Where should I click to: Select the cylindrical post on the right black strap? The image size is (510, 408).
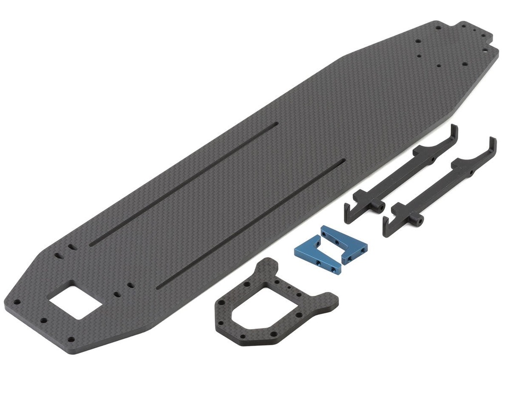point(420,219)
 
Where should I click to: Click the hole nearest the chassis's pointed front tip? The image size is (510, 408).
point(16,301)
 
